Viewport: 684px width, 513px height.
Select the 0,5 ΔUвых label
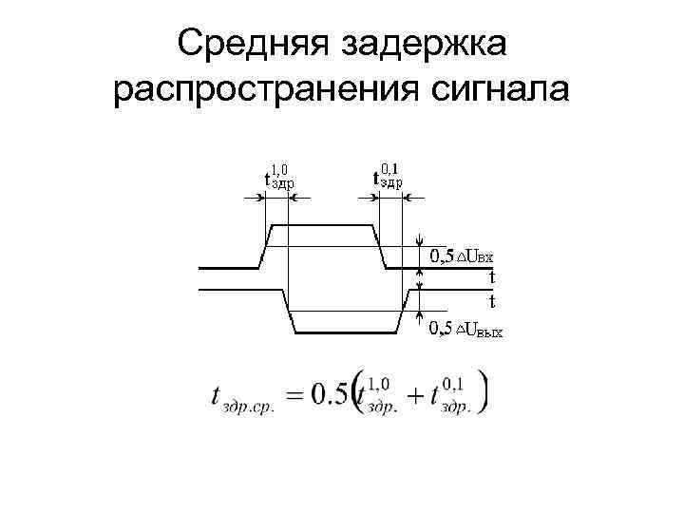point(465,330)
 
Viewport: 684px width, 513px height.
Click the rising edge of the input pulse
point(265,246)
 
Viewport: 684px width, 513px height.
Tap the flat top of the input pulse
point(322,225)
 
